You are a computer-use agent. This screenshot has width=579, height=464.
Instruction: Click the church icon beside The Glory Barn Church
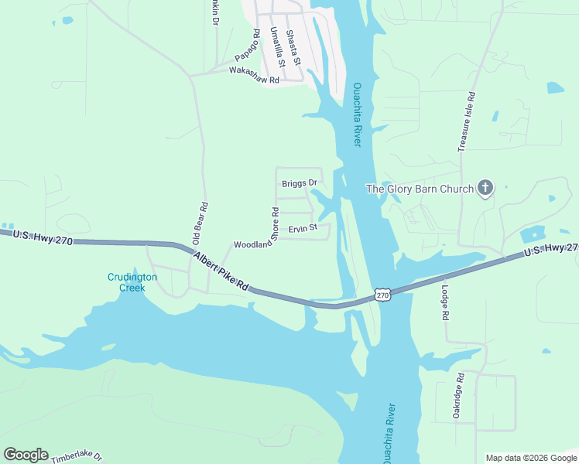tap(485, 188)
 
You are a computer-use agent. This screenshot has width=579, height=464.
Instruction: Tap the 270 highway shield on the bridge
tap(382, 295)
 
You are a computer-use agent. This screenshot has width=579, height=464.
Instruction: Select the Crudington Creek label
tap(132, 282)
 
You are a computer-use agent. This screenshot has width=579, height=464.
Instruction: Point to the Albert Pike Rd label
tap(221, 272)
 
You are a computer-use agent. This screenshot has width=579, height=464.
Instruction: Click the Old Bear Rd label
tap(200, 223)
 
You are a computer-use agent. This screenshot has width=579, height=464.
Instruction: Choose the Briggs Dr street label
tap(300, 183)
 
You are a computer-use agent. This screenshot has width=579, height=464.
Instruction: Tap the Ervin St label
tap(303, 228)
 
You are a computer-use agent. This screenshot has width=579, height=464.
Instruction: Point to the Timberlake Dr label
tap(77, 457)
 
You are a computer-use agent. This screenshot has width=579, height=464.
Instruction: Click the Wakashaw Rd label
tap(254, 70)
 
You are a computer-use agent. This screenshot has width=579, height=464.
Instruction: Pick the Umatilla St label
tap(278, 47)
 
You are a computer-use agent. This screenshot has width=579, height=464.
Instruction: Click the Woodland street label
tap(253, 244)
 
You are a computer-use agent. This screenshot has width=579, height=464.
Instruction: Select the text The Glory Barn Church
tap(420, 189)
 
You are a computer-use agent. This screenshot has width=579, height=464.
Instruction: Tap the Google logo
tap(26, 455)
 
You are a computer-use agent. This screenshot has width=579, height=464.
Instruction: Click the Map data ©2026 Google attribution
tap(531, 458)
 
